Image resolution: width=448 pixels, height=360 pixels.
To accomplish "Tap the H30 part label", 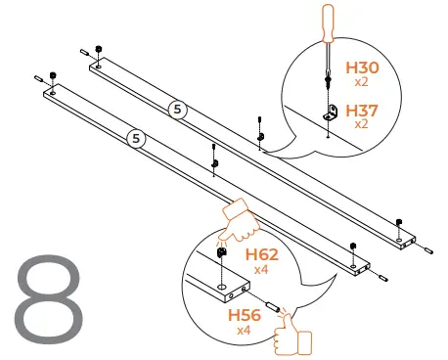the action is [362, 67].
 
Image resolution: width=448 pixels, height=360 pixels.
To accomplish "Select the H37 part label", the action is [362, 111].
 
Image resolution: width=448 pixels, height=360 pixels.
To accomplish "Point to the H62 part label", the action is [262, 254].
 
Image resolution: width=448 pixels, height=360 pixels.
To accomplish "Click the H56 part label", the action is [245, 315].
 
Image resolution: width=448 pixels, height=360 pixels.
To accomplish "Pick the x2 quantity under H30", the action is [361, 82].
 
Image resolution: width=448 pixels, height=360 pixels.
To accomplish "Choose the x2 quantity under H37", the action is [361, 124].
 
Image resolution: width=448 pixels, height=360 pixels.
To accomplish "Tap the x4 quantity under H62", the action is [261, 270].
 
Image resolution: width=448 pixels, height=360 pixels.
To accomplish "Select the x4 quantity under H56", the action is [244, 331].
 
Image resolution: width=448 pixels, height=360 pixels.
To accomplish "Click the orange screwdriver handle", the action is [328, 22].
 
